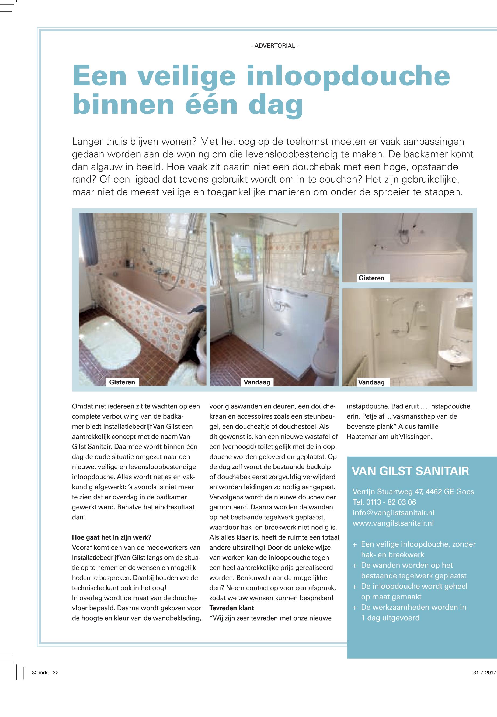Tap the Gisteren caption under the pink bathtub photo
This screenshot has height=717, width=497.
(x=122, y=382)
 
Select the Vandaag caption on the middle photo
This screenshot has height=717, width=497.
(x=257, y=382)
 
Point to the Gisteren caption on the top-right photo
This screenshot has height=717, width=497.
(x=371, y=278)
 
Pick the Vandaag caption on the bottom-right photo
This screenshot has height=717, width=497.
(x=371, y=382)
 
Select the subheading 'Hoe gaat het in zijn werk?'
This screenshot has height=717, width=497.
(x=112, y=537)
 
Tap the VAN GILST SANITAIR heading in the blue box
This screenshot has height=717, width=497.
(x=410, y=471)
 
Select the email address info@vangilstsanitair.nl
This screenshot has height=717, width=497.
(x=393, y=513)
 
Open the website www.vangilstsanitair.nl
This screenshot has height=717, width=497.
(x=393, y=523)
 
